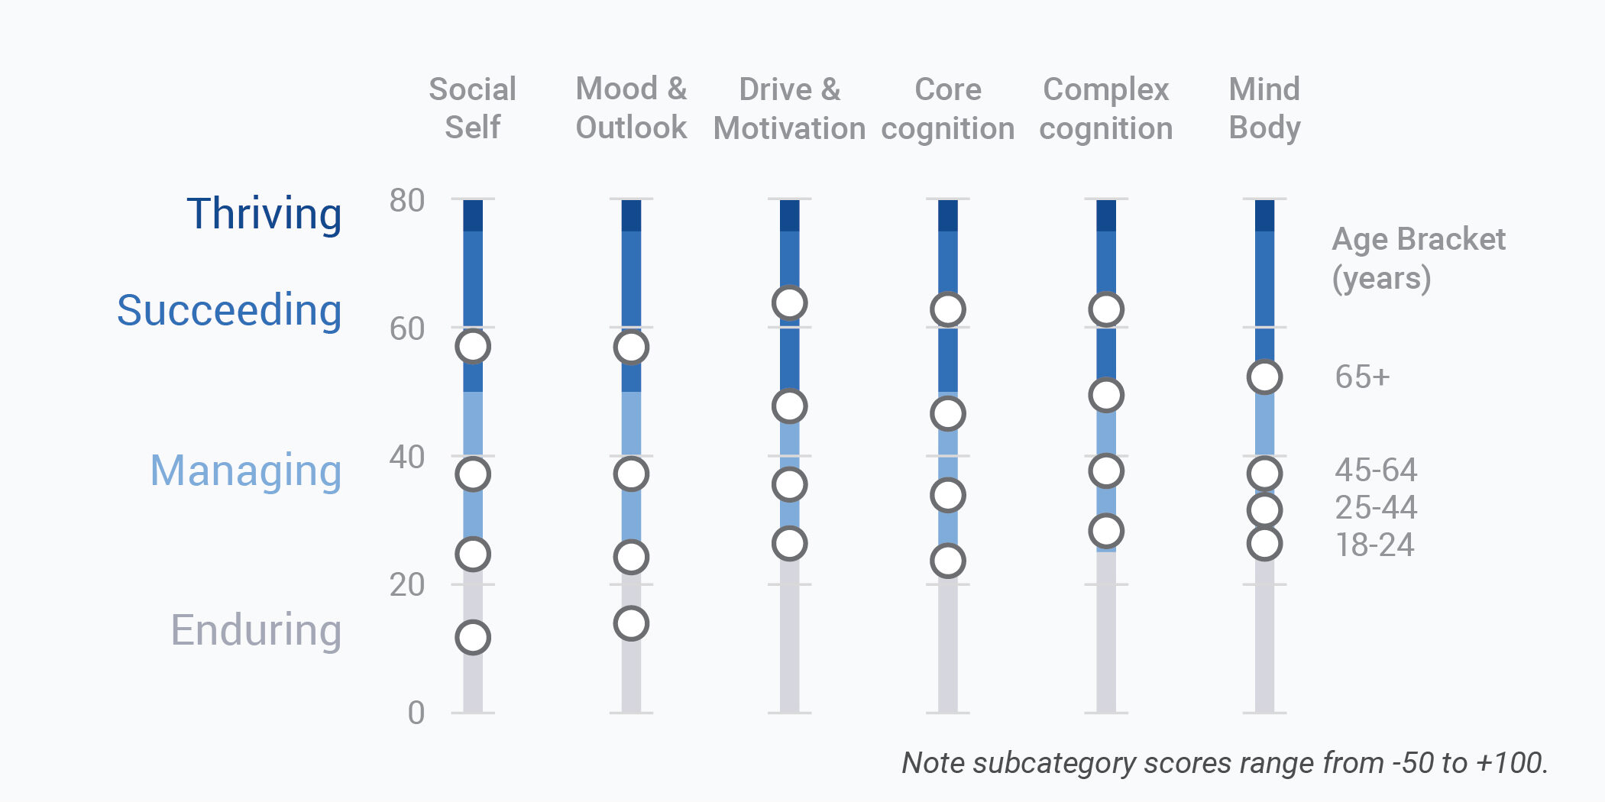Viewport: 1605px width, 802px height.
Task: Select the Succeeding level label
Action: (x=228, y=310)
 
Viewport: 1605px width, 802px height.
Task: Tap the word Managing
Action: (x=245, y=471)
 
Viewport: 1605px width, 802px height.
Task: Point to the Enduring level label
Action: (x=256, y=630)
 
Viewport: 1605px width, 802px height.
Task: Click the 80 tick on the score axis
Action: (x=406, y=200)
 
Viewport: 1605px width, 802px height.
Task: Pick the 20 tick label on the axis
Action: (x=406, y=584)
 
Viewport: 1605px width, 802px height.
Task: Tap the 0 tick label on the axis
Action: (x=416, y=713)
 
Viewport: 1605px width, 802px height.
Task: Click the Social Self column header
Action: (x=472, y=108)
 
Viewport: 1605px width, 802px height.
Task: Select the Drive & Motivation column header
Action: (x=789, y=108)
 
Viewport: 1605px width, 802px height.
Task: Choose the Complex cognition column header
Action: (x=1105, y=108)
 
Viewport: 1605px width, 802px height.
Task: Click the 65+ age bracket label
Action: (x=1362, y=377)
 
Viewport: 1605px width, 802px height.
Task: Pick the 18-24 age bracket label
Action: (x=1374, y=545)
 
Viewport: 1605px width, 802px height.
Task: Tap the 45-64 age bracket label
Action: (x=1376, y=470)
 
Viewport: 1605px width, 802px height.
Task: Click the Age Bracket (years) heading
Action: (x=1418, y=258)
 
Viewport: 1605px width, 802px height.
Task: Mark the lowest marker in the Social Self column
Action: (x=473, y=637)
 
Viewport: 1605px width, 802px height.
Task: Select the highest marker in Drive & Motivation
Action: (x=789, y=302)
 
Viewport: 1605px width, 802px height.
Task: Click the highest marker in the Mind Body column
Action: (x=1264, y=377)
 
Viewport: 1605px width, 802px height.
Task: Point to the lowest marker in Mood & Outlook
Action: (x=631, y=623)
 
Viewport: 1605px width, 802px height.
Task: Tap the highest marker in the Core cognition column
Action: (x=947, y=309)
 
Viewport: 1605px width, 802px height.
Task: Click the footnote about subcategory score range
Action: (x=1225, y=762)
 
